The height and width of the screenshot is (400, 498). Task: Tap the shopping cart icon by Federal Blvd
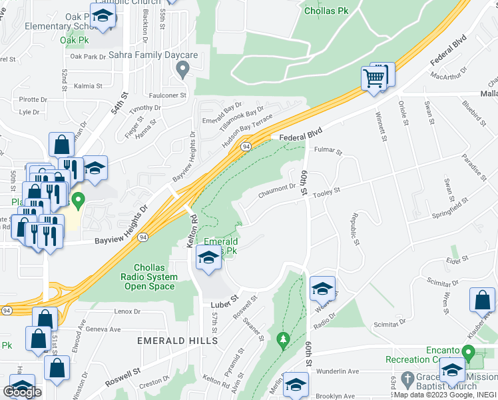click(374, 79)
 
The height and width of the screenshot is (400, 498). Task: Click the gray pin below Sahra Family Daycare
click(188, 68)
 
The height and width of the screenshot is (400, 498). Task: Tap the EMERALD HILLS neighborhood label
click(177, 341)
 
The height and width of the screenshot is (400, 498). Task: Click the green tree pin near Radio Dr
click(282, 341)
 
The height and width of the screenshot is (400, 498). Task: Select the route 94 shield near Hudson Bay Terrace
click(246, 145)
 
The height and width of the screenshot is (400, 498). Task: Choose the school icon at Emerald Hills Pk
click(208, 258)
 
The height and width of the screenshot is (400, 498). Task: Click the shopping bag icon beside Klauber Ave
click(482, 301)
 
